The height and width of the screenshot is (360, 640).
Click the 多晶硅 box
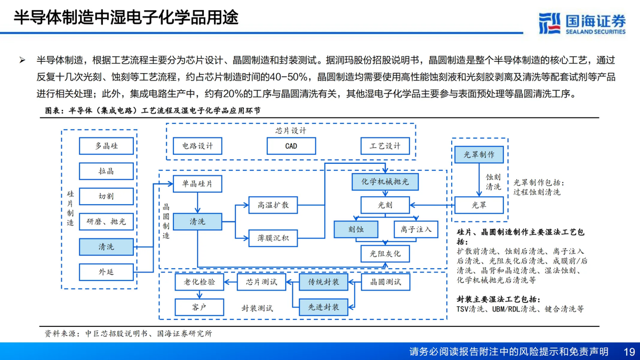[106, 146]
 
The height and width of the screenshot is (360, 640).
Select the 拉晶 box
[106, 171]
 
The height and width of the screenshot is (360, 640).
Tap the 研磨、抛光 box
[106, 221]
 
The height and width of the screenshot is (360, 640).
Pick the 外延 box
[106, 272]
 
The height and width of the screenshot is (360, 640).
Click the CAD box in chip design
[291, 146]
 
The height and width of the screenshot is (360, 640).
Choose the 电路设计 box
[197, 146]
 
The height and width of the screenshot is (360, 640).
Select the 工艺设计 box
[385, 146]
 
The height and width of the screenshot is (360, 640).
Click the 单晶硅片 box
[197, 184]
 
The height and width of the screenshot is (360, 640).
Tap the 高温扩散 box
[273, 205]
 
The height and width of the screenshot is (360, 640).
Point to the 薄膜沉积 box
[273, 238]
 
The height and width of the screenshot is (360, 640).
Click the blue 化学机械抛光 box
[385, 182]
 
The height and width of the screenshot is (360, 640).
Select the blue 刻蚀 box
[356, 230]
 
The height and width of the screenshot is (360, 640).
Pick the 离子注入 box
[415, 230]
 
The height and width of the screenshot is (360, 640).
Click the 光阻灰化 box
[385, 254]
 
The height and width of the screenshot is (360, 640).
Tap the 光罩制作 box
[479, 155]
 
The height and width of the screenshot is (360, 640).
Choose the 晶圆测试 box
[385, 282]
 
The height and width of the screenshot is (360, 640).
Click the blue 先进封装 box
[323, 307]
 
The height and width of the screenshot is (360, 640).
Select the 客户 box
[199, 307]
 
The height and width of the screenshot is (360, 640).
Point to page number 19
[629, 351]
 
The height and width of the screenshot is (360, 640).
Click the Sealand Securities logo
[581, 23]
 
